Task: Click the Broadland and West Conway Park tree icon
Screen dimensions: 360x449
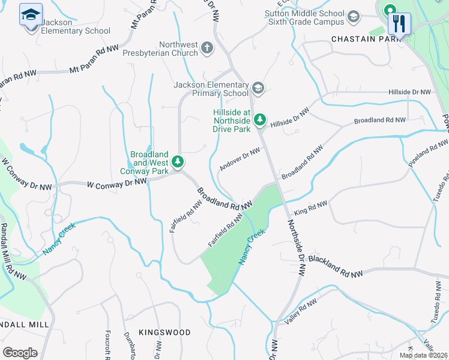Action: (178, 161)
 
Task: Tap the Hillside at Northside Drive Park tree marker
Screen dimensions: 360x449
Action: (259, 120)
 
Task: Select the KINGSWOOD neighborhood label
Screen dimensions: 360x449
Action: (164, 332)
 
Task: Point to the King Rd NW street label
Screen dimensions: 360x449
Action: (310, 209)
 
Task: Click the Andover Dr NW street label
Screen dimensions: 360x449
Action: (240, 159)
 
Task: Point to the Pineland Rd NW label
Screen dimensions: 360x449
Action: (428, 155)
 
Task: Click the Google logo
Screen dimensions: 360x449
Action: (20, 352)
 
